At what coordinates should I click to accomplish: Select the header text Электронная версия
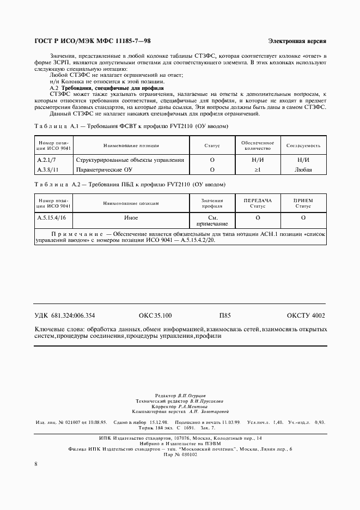click(297, 42)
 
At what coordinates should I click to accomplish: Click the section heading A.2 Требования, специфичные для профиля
click(106, 88)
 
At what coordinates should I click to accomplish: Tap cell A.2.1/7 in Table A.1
click(47, 160)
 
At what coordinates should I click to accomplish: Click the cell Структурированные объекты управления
click(130, 160)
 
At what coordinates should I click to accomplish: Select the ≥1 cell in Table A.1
click(257, 169)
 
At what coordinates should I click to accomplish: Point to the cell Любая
click(303, 169)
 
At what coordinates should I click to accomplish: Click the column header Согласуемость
click(303, 146)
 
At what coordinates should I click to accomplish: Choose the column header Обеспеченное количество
click(257, 145)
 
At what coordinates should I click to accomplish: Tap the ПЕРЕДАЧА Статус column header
click(257, 203)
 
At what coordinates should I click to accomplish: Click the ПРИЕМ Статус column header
click(303, 203)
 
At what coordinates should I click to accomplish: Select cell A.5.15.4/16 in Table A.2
click(51, 217)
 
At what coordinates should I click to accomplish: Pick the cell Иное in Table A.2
click(130, 217)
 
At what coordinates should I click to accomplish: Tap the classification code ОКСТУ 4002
click(306, 315)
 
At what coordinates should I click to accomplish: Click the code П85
click(225, 315)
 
